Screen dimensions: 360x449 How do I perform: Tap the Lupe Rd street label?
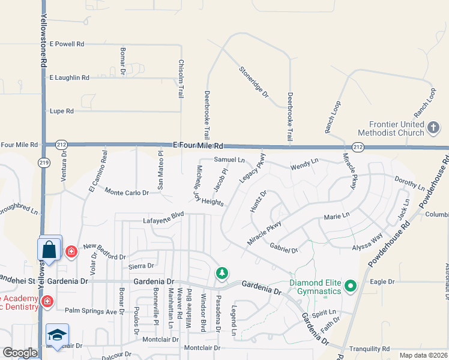click(x=61, y=111)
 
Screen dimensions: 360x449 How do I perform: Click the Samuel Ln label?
click(x=229, y=160)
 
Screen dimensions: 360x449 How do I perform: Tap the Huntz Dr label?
click(x=258, y=202)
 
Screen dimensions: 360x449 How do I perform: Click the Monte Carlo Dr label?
click(x=127, y=193)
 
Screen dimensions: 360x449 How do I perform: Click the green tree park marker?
click(x=222, y=274)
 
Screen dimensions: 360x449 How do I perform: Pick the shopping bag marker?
click(x=49, y=248)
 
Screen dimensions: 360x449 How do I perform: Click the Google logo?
click(x=20, y=353)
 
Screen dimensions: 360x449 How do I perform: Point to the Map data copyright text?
click(x=423, y=355)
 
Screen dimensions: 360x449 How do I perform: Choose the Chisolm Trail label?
click(x=180, y=79)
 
